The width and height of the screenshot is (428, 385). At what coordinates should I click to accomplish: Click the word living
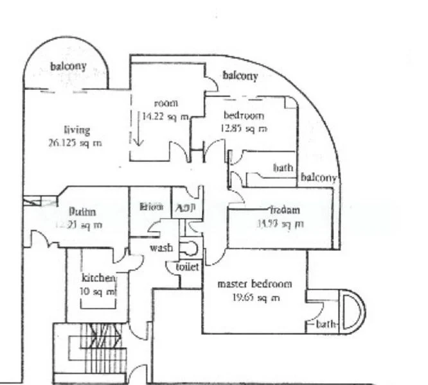pyautogui.click(x=76, y=130)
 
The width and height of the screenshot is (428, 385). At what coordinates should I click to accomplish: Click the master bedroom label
pyautogui.click(x=254, y=284)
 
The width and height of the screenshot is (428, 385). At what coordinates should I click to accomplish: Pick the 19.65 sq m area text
pyautogui.click(x=255, y=297)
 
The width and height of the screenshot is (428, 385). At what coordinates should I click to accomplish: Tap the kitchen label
pyautogui.click(x=98, y=278)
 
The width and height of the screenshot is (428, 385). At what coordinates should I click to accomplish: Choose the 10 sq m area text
pyautogui.click(x=98, y=291)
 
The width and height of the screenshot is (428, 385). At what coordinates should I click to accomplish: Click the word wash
pyautogui.click(x=161, y=248)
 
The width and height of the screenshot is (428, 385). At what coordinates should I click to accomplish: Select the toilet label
pyautogui.click(x=187, y=266)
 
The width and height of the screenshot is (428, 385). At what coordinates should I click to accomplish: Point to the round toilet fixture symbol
pyautogui.click(x=189, y=248)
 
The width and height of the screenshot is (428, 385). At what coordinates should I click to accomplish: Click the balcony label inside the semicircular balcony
pyautogui.click(x=68, y=67)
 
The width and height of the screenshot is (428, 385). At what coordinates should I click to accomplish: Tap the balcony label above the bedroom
pyautogui.click(x=240, y=76)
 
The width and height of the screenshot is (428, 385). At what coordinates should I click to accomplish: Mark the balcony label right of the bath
pyautogui.click(x=319, y=178)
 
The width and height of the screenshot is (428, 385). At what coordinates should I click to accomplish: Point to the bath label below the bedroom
pyautogui.click(x=283, y=168)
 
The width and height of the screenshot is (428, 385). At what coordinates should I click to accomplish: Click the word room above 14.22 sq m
pyautogui.click(x=165, y=103)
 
